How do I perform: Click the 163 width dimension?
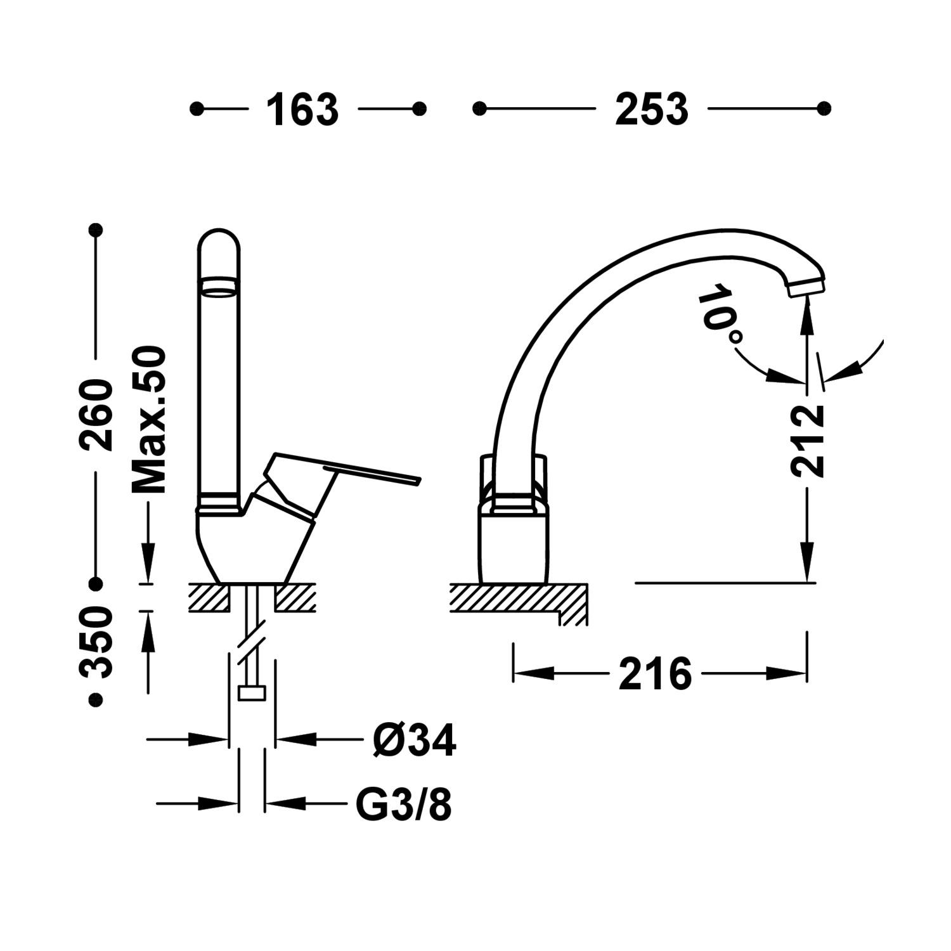point(302,110)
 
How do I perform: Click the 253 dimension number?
point(651,110)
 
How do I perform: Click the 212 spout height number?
point(807,441)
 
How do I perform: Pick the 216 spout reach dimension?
point(655,674)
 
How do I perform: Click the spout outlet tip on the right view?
point(806,288)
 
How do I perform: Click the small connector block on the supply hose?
point(252,693)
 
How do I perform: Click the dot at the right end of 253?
point(824,109)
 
